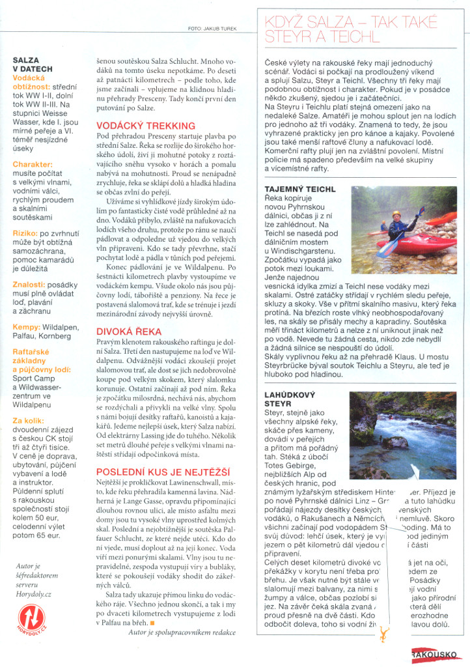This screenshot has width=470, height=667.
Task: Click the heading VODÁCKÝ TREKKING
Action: point(145,126)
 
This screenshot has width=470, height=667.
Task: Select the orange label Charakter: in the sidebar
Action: point(32,165)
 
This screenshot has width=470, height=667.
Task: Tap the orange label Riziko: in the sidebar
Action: point(26,232)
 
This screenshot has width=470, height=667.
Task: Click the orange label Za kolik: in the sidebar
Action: point(29,421)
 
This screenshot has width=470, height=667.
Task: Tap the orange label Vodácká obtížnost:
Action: point(36,81)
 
